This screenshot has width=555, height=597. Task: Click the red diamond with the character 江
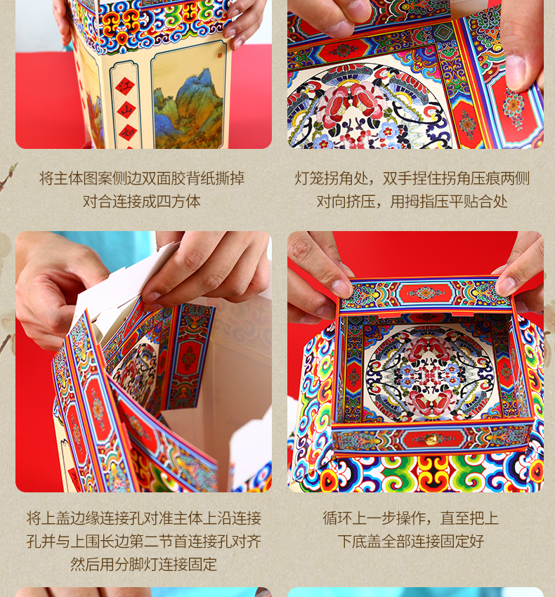pos(125,87)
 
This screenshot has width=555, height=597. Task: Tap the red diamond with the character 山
pos(126,111)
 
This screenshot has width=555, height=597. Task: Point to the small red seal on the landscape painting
pos(220,56)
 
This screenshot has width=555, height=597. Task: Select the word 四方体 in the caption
pos(178,202)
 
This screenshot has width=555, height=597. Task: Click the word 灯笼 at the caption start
pos(309,178)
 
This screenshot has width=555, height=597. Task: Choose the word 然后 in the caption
pos(85,564)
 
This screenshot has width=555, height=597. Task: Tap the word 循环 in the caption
pos(337,518)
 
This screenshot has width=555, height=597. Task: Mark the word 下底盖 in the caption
pos(360,541)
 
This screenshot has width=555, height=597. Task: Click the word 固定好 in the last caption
pos(462,541)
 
